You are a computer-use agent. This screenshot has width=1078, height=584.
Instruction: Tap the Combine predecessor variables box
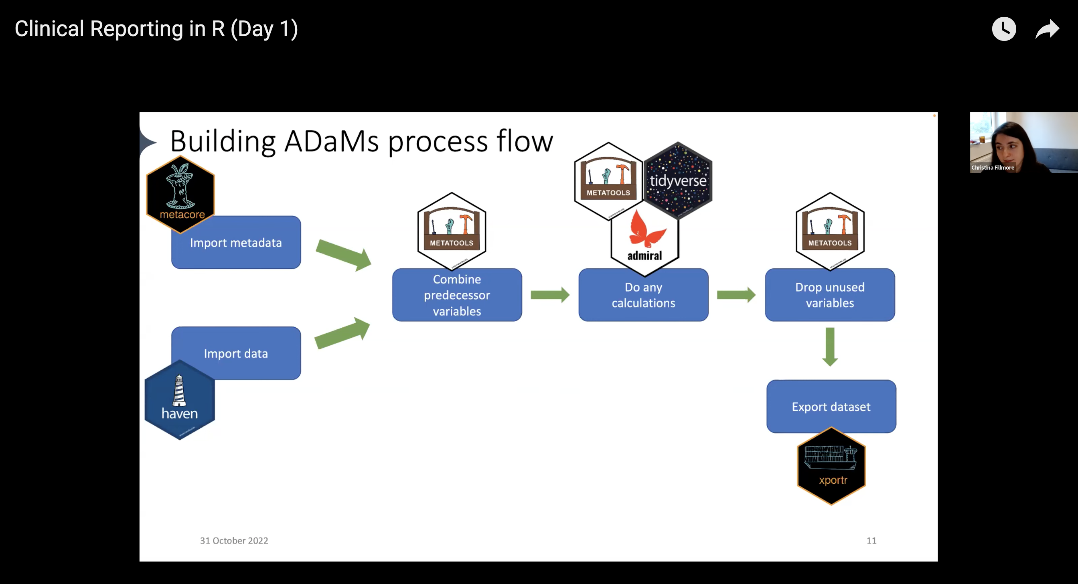coord(457,295)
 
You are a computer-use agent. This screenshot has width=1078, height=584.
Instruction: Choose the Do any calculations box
coord(643,295)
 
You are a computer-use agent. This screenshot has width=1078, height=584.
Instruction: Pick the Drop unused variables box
coord(830,295)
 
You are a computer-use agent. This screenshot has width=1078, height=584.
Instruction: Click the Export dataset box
coord(831,406)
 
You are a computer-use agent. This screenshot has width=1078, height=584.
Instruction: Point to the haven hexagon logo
coord(180,400)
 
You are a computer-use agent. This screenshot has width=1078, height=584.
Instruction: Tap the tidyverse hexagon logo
coord(678,180)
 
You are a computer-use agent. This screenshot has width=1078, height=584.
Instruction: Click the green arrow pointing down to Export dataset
coord(830,347)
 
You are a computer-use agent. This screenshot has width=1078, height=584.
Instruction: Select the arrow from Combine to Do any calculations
coord(550,295)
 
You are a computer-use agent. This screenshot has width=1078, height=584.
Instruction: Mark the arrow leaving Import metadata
coord(343,255)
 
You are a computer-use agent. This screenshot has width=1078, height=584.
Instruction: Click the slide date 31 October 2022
coord(234,540)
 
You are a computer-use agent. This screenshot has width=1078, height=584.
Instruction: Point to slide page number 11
coord(871,540)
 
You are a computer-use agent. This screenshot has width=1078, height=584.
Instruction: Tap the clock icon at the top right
coord(1003,29)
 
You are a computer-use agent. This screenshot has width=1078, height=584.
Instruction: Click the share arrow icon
coord(1047,29)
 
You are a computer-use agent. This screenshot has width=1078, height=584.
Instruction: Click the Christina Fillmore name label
coord(993,167)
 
